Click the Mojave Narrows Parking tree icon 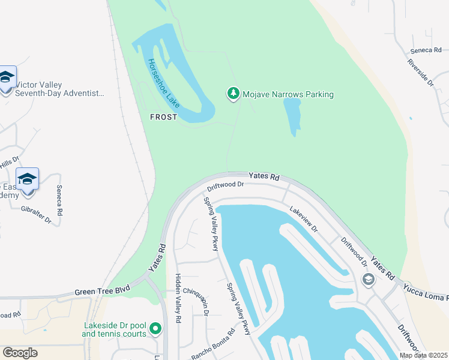(233, 94)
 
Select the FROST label (163, 117)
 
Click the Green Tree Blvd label (102, 292)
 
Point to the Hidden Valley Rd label (178, 298)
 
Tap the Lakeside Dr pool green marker (155, 328)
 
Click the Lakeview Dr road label (303, 219)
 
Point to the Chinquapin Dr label (197, 300)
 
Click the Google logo (20, 353)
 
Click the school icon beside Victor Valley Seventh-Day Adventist (6, 78)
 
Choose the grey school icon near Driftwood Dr (367, 280)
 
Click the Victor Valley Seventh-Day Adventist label (59, 89)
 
